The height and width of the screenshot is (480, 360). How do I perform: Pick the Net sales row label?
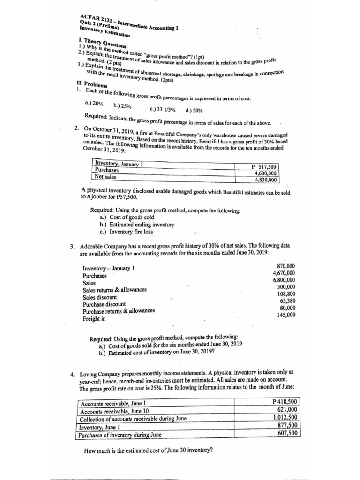[x=105, y=177]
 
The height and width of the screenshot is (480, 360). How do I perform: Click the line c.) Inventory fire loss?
[x=126, y=232]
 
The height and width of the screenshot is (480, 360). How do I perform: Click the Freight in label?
[x=94, y=319]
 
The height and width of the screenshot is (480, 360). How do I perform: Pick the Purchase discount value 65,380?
[x=287, y=301]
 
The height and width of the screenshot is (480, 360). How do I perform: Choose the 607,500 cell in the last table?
[x=288, y=433]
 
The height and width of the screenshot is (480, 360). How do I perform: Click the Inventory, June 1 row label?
[x=99, y=427]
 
